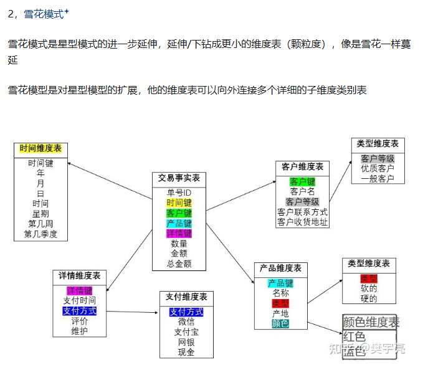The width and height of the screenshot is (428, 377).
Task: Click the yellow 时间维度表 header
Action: click(x=40, y=149)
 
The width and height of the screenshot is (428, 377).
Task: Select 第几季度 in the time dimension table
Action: click(x=40, y=234)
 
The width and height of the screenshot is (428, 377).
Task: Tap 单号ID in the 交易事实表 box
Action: click(x=179, y=193)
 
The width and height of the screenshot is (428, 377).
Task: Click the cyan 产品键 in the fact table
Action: click(x=179, y=223)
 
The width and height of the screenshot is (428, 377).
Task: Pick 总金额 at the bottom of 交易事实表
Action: click(x=179, y=264)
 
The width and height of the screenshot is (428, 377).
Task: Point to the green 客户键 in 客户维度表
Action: click(x=302, y=181)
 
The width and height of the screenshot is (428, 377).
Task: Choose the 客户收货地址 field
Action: click(x=302, y=222)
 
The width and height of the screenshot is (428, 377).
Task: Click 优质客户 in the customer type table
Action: click(x=378, y=168)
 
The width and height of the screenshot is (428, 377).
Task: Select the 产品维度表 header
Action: click(x=280, y=268)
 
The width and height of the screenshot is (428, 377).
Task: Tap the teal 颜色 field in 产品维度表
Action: click(x=280, y=323)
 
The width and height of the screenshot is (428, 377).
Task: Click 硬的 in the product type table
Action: click(x=369, y=298)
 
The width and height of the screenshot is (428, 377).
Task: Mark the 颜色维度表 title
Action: click(x=371, y=322)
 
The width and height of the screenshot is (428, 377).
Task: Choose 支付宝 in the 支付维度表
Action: click(x=186, y=332)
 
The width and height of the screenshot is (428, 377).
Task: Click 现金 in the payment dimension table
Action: click(x=186, y=352)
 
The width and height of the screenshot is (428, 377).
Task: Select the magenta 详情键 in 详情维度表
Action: click(x=79, y=290)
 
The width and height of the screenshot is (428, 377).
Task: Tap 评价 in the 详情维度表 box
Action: click(x=79, y=321)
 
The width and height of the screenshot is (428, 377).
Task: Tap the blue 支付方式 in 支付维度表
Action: click(x=186, y=312)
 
